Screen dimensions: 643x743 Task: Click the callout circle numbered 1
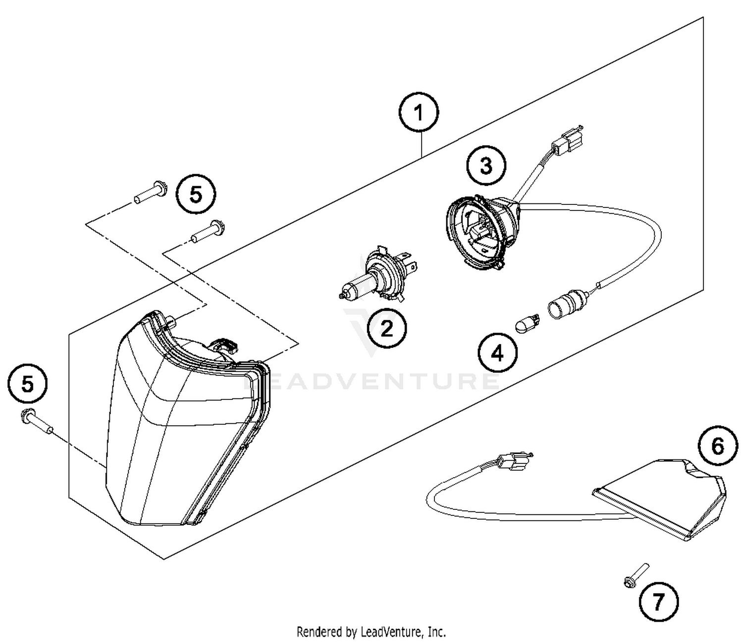coord(419,113)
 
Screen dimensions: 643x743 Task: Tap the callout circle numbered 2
coord(386,328)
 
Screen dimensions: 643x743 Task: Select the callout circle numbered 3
coord(486,165)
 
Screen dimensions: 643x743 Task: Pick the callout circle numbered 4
coord(497,353)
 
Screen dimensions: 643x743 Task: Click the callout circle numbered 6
coord(717,446)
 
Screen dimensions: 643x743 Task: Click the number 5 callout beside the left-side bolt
coord(28,384)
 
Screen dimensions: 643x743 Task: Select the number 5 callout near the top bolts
coord(196,195)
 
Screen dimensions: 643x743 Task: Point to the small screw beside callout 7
coord(636,577)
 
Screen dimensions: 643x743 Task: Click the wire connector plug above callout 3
coord(567,140)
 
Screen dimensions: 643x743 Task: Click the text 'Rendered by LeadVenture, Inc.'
coord(371,632)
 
